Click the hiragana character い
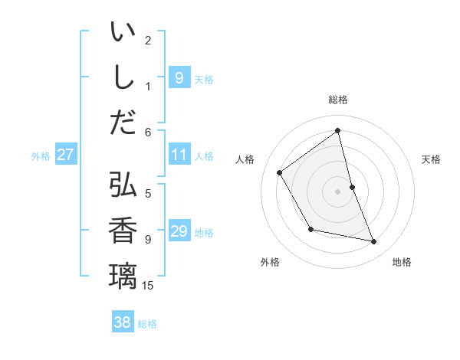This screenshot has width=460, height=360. point(123,34)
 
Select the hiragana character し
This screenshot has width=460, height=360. point(123,78)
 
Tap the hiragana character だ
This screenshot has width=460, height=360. point(123,122)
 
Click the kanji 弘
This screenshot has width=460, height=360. point(123,185)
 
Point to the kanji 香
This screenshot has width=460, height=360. point(123,230)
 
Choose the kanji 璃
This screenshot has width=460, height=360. point(123,274)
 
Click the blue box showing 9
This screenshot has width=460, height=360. point(179,78)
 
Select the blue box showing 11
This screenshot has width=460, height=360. point(179,155)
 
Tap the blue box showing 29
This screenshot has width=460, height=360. point(179,231)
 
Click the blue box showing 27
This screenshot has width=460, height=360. point(65,155)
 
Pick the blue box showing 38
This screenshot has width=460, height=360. point(122,322)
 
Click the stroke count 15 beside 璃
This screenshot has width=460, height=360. point(148,286)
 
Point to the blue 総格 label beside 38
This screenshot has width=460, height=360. point(147,324)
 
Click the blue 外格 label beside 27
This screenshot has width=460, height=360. point(41,156)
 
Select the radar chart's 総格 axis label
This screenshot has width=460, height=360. point(338,100)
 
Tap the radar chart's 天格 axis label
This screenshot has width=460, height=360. point(432,159)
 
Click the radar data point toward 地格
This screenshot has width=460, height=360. point(374,242)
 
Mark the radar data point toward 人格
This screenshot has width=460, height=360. point(279,172)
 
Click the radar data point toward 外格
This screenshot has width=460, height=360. point(310,229)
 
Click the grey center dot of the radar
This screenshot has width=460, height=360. point(337,191)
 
